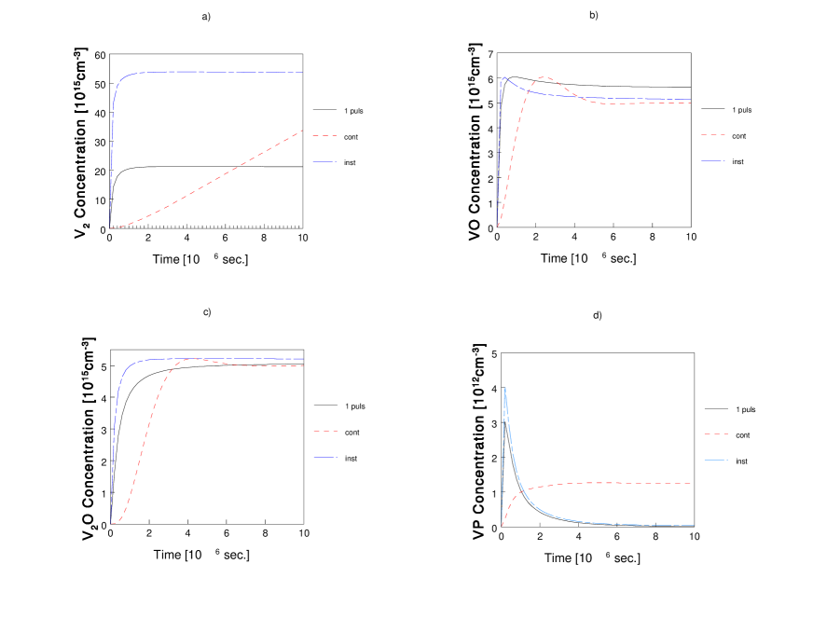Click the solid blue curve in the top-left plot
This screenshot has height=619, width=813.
tap(205, 72)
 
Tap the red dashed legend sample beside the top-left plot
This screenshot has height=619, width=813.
tap(324, 136)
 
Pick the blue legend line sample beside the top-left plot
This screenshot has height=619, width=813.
tap(324, 162)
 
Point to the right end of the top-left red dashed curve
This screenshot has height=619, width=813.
tap(302, 131)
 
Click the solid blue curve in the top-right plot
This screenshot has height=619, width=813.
tap(606, 98)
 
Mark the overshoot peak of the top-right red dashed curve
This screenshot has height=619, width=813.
tap(544, 77)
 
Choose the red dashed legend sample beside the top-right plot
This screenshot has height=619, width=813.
tap(712, 134)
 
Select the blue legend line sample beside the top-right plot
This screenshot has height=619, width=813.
tap(712, 161)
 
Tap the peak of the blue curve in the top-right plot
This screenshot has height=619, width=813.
tap(504, 77)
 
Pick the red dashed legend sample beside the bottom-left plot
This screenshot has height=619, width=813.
tap(325, 431)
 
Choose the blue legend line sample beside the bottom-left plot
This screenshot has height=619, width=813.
tap(325, 457)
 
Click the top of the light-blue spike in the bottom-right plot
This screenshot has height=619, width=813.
tap(505, 389)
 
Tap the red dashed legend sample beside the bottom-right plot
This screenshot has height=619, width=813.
tap(715, 433)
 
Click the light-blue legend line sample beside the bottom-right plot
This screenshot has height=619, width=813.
tap(715, 460)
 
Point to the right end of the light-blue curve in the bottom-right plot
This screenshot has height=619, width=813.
tap(694, 525)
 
